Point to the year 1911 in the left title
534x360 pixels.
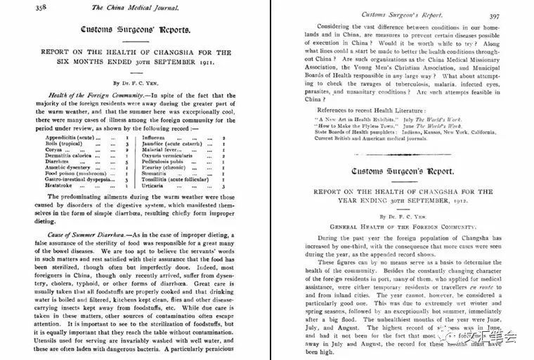(223, 61)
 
